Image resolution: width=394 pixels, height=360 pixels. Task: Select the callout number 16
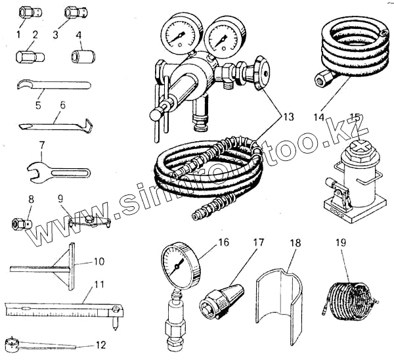223,243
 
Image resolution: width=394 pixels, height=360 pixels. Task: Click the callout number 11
98,284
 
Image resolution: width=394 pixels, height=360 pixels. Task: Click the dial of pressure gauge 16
178,265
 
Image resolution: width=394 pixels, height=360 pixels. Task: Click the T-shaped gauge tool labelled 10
70,266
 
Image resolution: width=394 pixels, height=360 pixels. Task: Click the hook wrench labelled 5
49,85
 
